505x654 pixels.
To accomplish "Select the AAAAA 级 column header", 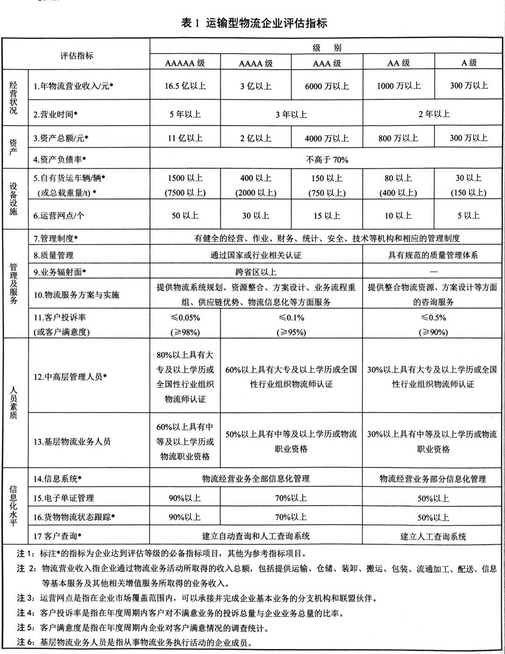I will (x=185, y=63).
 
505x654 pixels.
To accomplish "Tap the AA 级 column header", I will (x=398, y=63).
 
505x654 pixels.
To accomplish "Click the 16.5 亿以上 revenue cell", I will (x=185, y=86).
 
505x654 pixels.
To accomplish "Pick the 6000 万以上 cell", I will (x=327, y=86).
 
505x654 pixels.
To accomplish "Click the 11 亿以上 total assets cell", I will (x=185, y=138).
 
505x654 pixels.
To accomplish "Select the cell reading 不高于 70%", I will (x=327, y=160).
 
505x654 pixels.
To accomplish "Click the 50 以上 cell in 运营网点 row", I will (x=185, y=216).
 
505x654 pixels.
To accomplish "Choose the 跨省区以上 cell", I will (x=256, y=271).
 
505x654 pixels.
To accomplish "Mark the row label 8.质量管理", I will (x=53, y=255).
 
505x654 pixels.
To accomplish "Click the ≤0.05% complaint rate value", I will (x=185, y=318).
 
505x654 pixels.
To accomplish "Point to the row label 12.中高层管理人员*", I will (x=70, y=377).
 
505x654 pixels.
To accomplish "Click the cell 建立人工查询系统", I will (x=433, y=536).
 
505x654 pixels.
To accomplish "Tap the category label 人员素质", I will (x=14, y=402).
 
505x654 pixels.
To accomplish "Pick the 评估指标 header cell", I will (x=77, y=55).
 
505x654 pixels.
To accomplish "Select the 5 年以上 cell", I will (x=185, y=114).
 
